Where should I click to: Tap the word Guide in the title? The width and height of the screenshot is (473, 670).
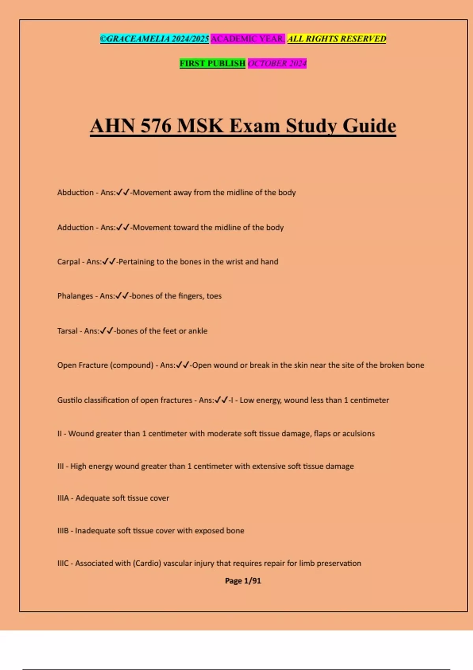point(369,126)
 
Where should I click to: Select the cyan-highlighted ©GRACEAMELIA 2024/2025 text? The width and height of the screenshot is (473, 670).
point(154,39)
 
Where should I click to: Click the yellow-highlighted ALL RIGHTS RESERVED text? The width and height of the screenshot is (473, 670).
point(337,39)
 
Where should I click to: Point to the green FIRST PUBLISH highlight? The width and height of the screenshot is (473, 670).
point(212,63)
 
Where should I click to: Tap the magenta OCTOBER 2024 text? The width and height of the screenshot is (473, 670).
point(277,63)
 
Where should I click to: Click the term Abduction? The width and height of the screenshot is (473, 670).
point(75,193)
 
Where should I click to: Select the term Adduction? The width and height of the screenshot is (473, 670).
point(75,227)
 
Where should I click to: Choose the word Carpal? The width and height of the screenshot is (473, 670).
point(69,262)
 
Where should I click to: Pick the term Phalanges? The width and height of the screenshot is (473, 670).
point(75,296)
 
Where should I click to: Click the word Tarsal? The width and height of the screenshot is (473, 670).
point(67,331)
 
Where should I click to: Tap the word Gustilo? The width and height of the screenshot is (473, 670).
point(69,400)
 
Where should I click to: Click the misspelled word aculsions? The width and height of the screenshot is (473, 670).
point(358,434)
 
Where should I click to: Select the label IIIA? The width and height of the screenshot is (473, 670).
point(63,498)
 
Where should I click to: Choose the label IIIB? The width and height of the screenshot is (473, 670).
point(63,531)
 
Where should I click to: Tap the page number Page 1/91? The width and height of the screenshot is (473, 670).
point(243,581)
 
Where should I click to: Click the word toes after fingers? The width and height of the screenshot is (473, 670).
point(214,296)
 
